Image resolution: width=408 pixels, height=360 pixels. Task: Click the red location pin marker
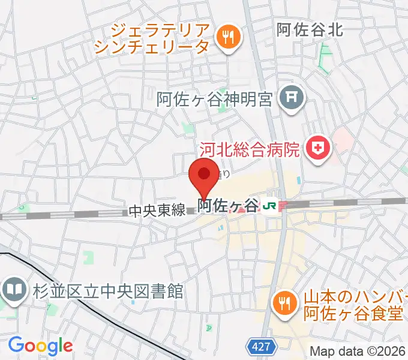204,175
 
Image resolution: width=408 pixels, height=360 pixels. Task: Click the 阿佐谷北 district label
310,29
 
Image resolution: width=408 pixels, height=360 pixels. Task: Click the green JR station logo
269,206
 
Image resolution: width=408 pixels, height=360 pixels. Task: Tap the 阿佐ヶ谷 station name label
228,206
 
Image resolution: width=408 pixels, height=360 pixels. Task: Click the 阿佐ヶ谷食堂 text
344,312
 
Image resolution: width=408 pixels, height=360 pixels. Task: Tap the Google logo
40,345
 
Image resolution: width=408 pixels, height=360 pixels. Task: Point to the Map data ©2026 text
358,351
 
